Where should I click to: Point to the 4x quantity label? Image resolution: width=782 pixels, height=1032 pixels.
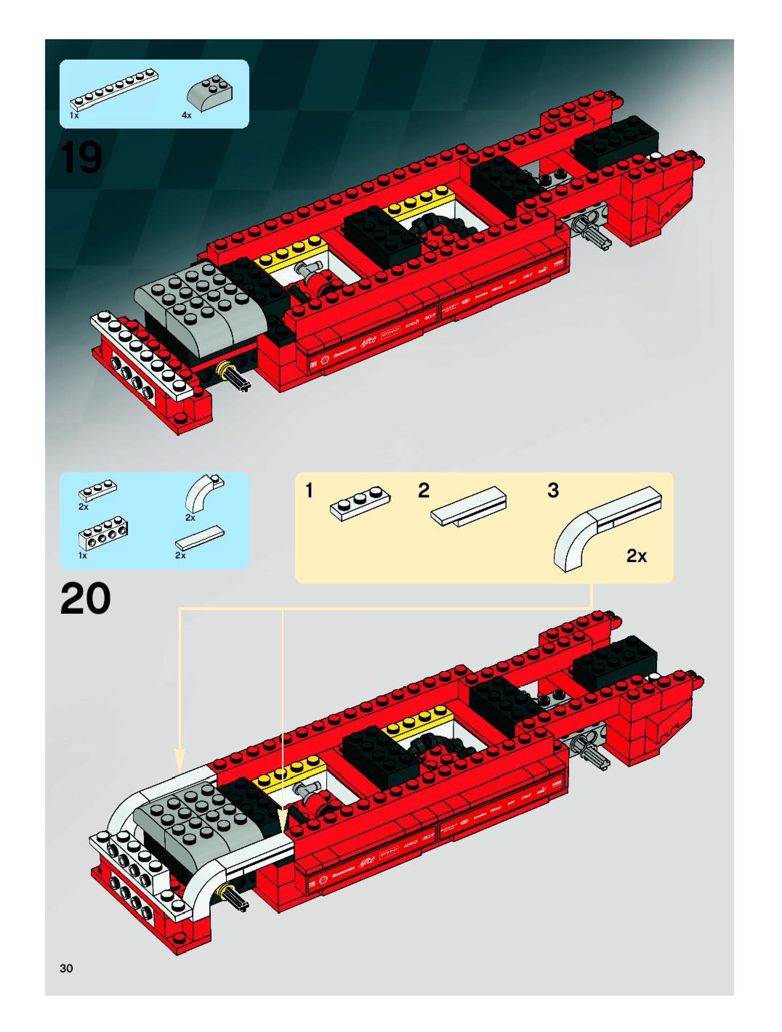pyautogui.click(x=186, y=115)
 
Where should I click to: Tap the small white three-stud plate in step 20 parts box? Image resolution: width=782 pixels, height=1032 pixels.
pyautogui.click(x=98, y=492)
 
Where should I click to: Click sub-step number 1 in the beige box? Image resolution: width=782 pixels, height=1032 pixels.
pyautogui.click(x=309, y=491)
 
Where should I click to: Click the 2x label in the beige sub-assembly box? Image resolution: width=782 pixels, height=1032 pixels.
pyautogui.click(x=636, y=556)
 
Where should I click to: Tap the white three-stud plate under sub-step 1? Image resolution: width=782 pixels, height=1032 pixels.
pyautogui.click(x=360, y=503)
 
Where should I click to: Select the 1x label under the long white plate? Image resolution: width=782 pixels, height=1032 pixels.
pyautogui.click(x=74, y=115)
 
